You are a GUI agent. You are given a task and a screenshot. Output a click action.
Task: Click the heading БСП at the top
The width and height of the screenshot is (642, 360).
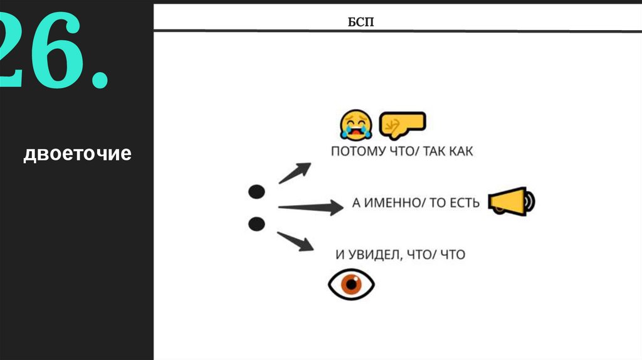(x=360, y=24)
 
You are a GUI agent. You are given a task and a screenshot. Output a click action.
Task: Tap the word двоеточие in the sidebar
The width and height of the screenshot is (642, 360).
(x=77, y=154)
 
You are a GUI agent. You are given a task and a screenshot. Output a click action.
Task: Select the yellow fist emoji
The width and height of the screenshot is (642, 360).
(x=403, y=124)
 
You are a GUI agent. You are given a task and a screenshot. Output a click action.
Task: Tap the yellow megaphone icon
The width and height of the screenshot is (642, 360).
(x=511, y=201)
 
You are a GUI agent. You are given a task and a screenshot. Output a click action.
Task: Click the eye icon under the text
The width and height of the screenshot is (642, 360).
(x=351, y=284)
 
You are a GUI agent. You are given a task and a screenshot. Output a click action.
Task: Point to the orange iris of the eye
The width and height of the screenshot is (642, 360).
(x=351, y=284)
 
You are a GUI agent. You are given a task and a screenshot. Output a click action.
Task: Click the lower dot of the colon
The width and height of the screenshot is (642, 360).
(x=256, y=223)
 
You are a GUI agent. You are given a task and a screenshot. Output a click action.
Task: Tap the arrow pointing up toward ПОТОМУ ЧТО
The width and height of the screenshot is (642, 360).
(x=295, y=172)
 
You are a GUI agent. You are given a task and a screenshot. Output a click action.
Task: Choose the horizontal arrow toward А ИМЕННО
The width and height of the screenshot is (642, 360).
(x=310, y=207)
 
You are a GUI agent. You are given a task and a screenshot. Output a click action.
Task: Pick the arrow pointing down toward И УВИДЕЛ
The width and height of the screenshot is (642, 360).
(x=296, y=241)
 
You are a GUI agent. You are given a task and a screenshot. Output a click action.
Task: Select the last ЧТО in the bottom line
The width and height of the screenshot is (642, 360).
(x=451, y=255)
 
